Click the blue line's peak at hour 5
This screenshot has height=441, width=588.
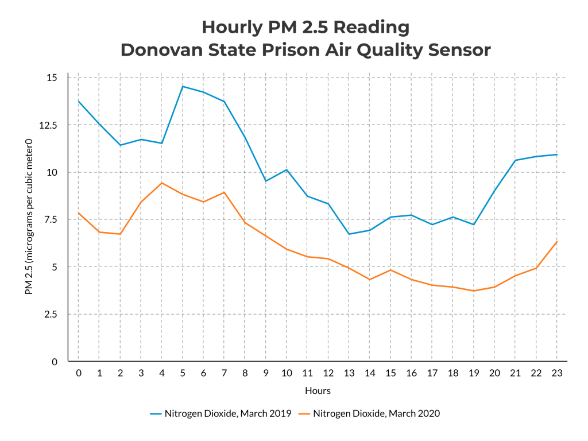[x=183, y=87]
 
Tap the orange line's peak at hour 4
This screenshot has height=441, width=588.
[x=162, y=183]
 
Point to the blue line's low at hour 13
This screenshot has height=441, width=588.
[x=349, y=234]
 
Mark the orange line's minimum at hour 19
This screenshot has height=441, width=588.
[x=474, y=291]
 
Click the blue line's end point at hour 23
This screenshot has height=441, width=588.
[x=557, y=154]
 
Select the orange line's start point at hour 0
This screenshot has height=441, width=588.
[x=79, y=213]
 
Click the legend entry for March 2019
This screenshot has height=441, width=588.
[x=220, y=413]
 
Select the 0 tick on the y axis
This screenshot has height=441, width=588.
[x=55, y=362]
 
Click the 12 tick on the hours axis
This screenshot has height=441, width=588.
[x=328, y=373]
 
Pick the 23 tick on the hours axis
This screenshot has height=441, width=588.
[x=557, y=373]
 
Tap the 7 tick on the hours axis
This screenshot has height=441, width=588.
[x=225, y=373]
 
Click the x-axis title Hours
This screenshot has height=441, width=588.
[x=318, y=390]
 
